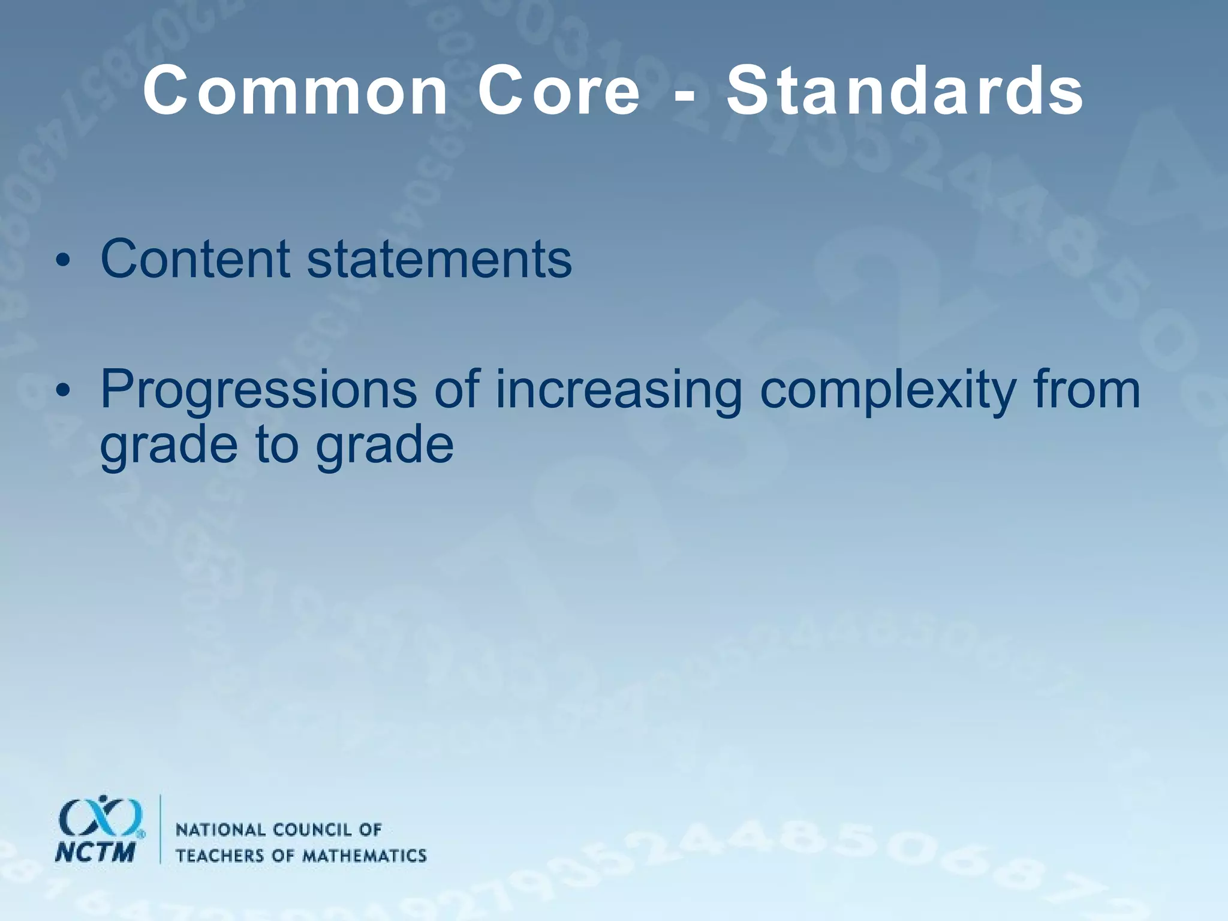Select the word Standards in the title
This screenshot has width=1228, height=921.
(905, 91)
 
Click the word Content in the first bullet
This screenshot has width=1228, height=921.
(195, 259)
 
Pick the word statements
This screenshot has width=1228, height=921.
(440, 259)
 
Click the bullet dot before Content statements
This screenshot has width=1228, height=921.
(62, 262)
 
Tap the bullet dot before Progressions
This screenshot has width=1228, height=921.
(62, 392)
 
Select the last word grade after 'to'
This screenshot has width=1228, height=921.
(384, 447)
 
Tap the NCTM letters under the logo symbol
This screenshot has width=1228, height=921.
(95, 852)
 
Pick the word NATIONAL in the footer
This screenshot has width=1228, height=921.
(220, 830)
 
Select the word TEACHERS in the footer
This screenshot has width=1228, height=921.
(221, 855)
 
